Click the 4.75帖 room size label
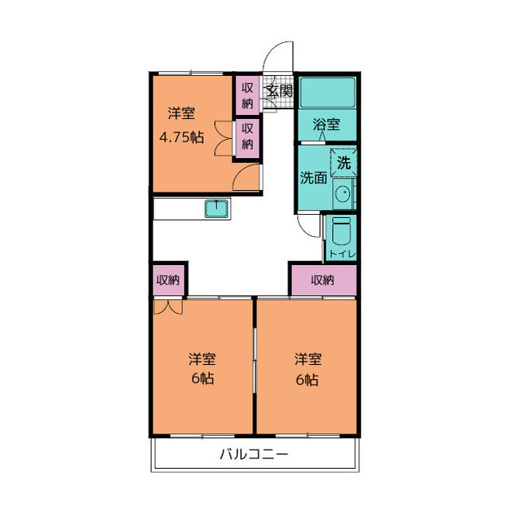[x=180, y=137]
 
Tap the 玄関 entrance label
[x=279, y=90]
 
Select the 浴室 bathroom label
[x=327, y=125]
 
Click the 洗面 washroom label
[x=313, y=178]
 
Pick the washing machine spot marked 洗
[x=343, y=162]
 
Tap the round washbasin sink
[x=343, y=194]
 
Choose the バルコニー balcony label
[x=254, y=455]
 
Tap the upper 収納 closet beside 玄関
[x=248, y=94]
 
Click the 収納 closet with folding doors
[x=248, y=137]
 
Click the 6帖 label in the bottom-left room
[x=202, y=379]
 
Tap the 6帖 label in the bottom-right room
[x=307, y=379]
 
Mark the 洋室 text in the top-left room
[x=180, y=113]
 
